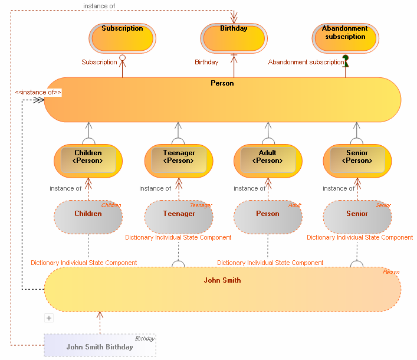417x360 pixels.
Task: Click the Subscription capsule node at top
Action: point(122,38)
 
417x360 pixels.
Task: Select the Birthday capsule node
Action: point(234,38)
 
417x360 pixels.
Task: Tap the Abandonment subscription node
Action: point(345,38)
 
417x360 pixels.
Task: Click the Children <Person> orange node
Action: point(88,161)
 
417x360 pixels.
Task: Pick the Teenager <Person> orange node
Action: point(178,161)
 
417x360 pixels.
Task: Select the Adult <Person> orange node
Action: point(268,161)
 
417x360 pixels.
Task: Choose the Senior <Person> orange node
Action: point(357,161)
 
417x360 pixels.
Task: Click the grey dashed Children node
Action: point(88,217)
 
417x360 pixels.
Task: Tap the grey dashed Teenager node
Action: point(179,217)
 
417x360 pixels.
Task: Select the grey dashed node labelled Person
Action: point(268,217)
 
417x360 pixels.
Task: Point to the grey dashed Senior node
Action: point(357,217)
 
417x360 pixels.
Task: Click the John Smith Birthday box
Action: point(100,345)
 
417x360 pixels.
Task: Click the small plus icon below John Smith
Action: point(49,318)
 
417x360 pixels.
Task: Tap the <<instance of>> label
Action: point(38,92)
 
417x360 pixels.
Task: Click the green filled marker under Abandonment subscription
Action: point(345,61)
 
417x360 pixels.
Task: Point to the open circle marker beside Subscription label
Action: point(123,58)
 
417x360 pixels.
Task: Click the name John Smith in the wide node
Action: point(222,280)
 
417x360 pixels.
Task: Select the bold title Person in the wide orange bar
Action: point(222,83)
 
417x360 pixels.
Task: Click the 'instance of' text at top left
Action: point(99,6)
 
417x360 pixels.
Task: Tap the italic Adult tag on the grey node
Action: point(294,205)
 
